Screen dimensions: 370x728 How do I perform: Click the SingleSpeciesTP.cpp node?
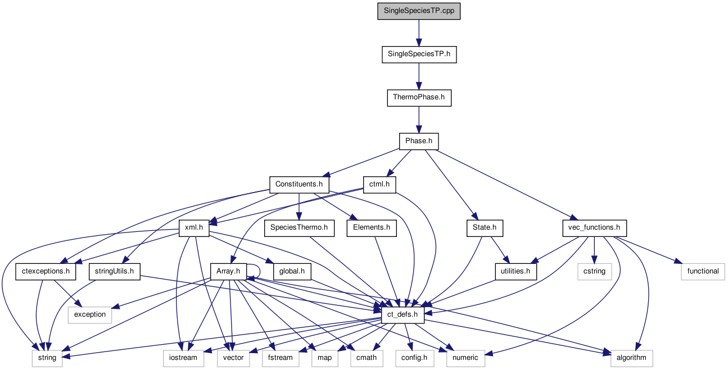coord(419,11)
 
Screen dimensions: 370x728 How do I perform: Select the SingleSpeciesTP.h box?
coord(419,54)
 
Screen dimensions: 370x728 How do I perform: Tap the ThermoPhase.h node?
coord(419,98)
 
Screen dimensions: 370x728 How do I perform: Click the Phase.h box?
coord(419,141)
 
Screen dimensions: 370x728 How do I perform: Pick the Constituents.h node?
coord(299,184)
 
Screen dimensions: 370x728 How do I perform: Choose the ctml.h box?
coord(379,184)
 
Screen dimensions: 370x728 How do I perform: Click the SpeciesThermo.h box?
coord(299,228)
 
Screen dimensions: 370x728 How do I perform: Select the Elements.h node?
coord(372,228)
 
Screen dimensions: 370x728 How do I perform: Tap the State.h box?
coord(484,228)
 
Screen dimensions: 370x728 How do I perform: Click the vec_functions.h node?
coord(594,228)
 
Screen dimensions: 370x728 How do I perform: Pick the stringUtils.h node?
coord(114,272)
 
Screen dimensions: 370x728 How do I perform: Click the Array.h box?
coord(228,272)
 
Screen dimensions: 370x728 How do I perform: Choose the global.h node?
coord(292,272)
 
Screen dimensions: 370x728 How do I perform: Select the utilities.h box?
coord(516,272)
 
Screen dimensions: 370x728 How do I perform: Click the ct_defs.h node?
coord(402,315)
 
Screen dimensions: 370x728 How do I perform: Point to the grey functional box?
coord(703,272)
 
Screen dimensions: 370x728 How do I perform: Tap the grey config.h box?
coord(414,358)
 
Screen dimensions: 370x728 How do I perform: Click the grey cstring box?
coord(594,272)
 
